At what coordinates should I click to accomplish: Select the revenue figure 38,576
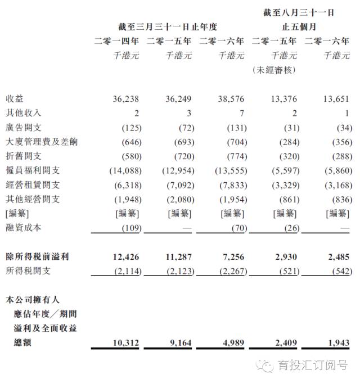[x=231, y=98]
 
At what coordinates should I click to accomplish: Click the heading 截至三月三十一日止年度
[x=168, y=26]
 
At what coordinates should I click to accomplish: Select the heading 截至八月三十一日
[x=299, y=12]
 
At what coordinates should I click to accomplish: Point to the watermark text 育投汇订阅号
[x=313, y=366]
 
